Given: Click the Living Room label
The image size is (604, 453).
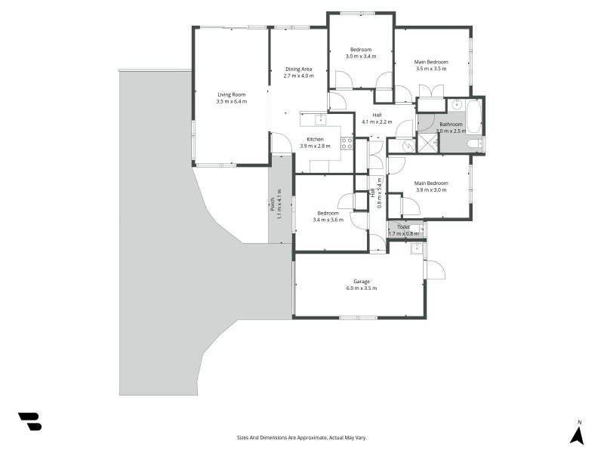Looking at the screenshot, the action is pos(232,95).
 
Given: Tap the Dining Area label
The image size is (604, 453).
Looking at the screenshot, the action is pos(298,69).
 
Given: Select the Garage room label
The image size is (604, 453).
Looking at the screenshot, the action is pos(362,282).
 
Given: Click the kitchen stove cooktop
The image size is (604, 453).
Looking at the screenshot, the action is pos(347,143).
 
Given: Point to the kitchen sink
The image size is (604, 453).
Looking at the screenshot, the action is pos(320,120).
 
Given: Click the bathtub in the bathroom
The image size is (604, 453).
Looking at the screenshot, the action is pos(473,117).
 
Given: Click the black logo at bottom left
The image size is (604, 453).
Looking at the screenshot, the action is pos(30,421).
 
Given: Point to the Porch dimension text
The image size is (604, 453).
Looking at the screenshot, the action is pos(279,204).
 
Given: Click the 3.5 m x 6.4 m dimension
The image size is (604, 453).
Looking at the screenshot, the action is pos(232,102).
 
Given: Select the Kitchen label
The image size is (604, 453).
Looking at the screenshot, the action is pos(315,140).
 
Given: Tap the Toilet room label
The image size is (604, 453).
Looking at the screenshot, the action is pos(403,227).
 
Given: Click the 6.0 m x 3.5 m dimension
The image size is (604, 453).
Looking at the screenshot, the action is pos(362,288).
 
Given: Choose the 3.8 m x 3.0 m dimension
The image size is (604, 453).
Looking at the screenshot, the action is pos(431,190).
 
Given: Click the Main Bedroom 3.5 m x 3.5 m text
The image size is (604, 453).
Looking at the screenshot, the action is pos(431,66).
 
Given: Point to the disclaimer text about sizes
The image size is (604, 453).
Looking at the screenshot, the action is pos(301,438).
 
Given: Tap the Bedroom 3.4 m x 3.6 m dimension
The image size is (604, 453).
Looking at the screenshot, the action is pos(328,220).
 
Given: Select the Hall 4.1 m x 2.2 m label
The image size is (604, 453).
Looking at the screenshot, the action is pos(377,119).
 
